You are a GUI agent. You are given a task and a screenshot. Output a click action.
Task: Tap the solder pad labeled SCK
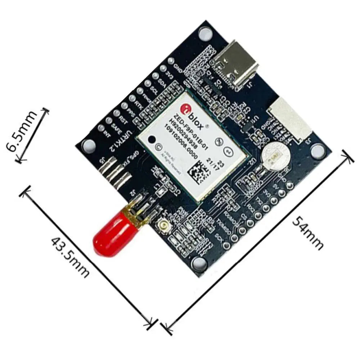[x=227, y=246]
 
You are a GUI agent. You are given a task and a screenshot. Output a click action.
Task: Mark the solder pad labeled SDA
[x=156, y=76]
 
